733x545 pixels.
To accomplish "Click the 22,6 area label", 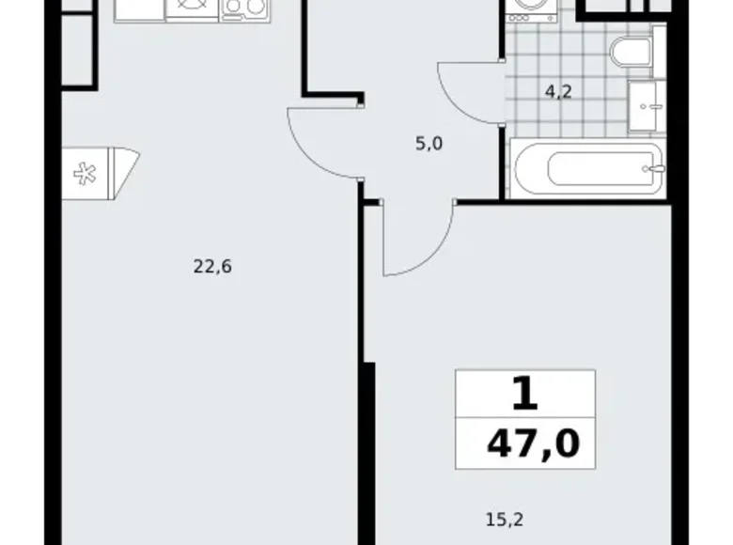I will (211, 266).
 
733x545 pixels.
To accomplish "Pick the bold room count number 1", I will (525, 394).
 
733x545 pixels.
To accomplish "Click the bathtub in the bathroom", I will (588, 169).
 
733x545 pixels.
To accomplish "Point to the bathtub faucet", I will (650, 169).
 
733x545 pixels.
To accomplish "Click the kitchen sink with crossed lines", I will (192, 8).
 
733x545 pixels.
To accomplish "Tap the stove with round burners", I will (244, 8).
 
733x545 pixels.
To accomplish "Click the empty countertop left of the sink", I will (139, 8).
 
